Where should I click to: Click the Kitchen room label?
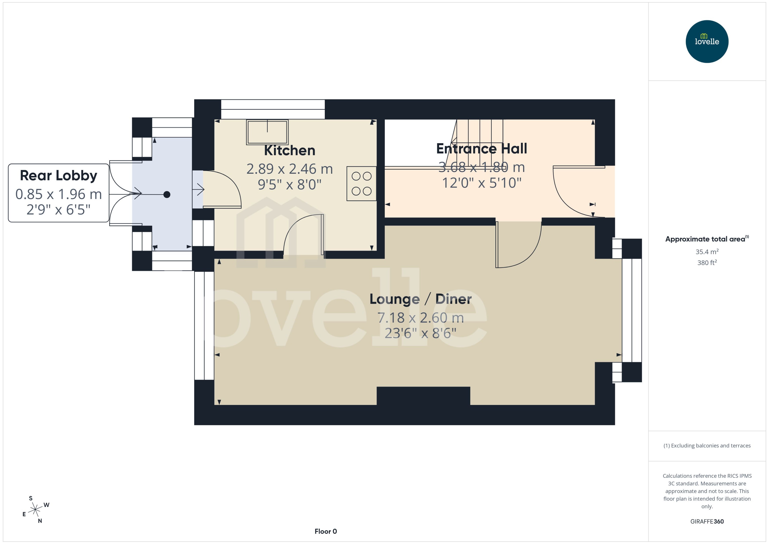point(290,150)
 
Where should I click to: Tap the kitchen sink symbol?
point(267,132)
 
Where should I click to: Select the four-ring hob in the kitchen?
point(361,184)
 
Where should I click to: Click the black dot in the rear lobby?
point(167,195)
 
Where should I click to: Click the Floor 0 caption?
point(325,531)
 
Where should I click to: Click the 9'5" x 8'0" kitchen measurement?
point(290,184)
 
